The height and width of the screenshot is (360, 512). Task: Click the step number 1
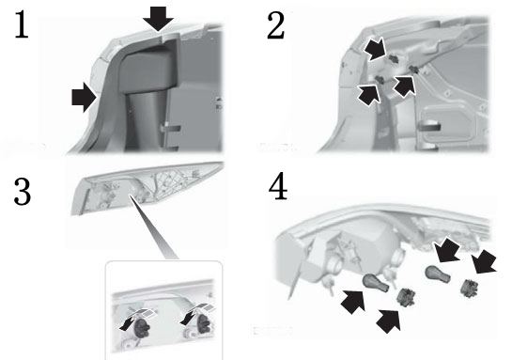point(22,24)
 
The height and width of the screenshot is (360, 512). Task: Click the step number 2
point(276,25)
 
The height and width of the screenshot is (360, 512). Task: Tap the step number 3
point(23,192)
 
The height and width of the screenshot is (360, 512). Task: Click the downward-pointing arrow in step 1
point(158,19)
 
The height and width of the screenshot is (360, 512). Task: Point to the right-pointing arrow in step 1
point(84,98)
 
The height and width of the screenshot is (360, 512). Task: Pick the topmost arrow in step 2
point(375,50)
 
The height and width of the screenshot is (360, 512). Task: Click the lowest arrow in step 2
point(369,95)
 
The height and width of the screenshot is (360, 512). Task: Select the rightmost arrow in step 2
point(405,86)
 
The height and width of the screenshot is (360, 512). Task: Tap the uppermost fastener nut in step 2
point(393,59)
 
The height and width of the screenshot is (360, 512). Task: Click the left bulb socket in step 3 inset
point(143,326)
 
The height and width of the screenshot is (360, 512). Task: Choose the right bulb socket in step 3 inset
point(204,323)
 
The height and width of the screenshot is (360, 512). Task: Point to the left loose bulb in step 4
point(376,283)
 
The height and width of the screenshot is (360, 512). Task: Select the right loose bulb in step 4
point(438,274)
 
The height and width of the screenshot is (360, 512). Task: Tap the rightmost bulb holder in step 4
point(469,288)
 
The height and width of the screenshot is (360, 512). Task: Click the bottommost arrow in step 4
point(389,321)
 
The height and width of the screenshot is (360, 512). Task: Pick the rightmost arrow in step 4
point(484,262)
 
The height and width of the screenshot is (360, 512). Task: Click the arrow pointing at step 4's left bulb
point(353,302)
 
